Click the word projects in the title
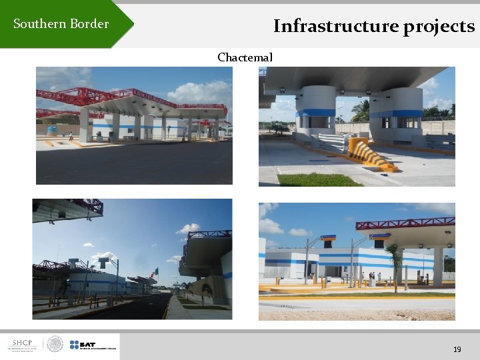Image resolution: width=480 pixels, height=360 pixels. coord(439,27)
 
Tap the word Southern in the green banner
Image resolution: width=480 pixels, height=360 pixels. coord(38,24)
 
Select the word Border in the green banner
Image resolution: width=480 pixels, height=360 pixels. coord(88,24)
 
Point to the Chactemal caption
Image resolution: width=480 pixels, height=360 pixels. coord(245,57)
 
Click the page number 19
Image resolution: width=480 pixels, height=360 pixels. coord(457,349)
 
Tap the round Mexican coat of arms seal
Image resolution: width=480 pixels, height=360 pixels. coord(55,345)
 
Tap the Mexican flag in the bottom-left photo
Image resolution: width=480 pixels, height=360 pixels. coord(155,273)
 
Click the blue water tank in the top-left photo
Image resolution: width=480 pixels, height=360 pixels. coord(51,130)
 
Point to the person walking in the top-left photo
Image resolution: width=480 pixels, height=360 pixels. coord(71,137)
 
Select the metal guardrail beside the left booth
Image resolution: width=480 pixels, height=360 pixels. coord(333,142)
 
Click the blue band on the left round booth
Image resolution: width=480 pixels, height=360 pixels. coord(316,113)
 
